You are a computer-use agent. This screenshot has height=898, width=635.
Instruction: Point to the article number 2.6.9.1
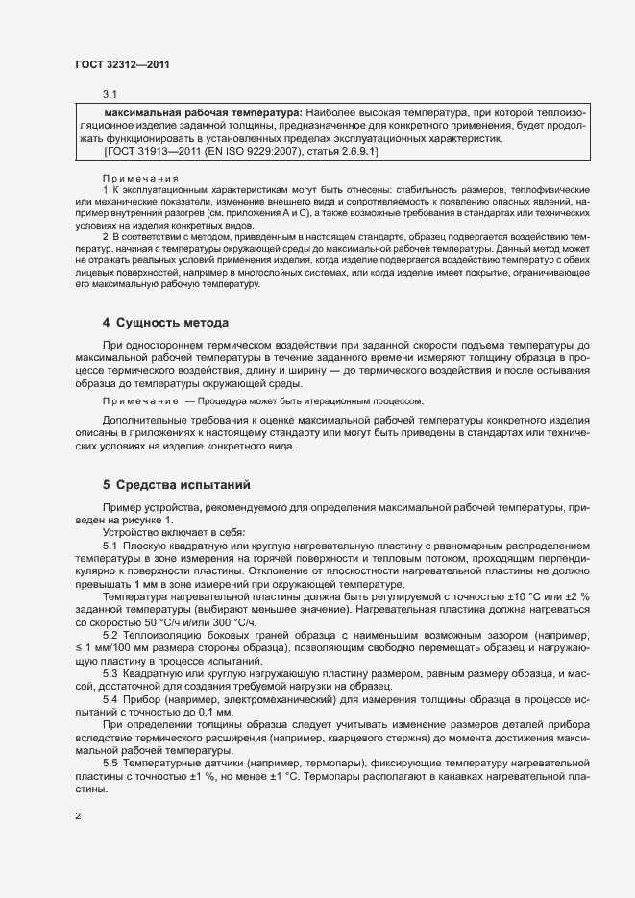[x=354, y=152]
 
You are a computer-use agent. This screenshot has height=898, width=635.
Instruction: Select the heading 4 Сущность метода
[x=165, y=321]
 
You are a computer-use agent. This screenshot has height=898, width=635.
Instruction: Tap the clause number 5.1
[x=110, y=545]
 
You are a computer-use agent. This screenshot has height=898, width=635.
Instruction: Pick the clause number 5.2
[x=110, y=635]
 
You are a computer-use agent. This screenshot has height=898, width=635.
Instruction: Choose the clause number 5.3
[x=110, y=672]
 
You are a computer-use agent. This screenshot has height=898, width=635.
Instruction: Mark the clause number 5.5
[x=110, y=761]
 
